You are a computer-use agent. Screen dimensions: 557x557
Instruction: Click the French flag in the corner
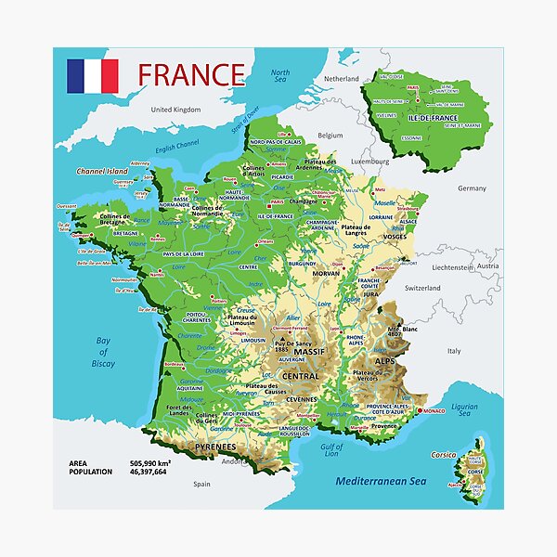[x=92, y=76]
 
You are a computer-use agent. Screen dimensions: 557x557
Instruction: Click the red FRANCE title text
[x=190, y=74]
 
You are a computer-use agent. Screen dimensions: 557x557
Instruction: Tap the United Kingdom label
[x=175, y=110]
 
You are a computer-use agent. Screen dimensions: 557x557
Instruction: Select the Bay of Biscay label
[x=104, y=352]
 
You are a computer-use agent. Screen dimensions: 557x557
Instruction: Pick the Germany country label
[x=472, y=188]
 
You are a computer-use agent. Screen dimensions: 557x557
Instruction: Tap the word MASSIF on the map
[x=304, y=353]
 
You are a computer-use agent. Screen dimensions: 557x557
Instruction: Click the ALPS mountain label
[x=384, y=360]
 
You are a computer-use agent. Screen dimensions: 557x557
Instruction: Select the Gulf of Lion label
[x=332, y=452]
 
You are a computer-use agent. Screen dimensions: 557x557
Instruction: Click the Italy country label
[x=454, y=351]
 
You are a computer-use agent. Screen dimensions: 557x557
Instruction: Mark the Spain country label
[x=202, y=484]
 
